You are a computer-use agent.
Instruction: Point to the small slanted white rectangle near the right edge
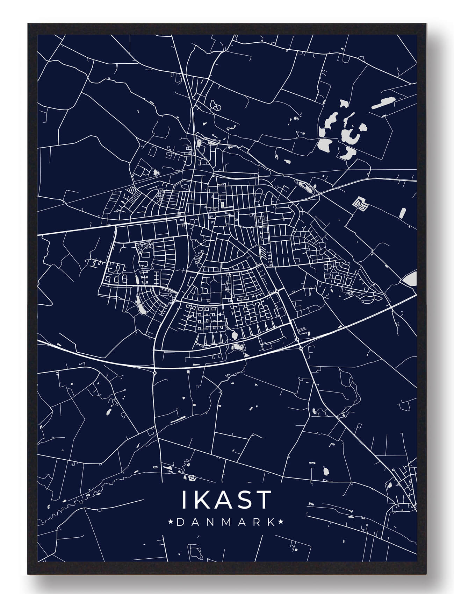tap(402, 213)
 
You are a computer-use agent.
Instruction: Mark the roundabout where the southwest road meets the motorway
tap(154, 373)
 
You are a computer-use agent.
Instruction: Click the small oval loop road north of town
tap(217, 105)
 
